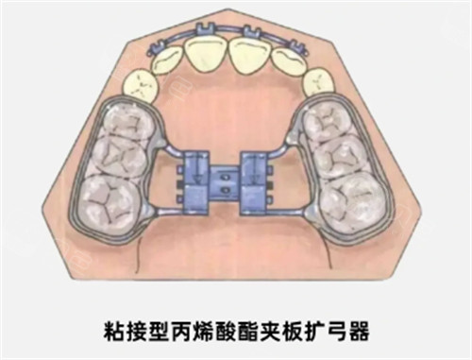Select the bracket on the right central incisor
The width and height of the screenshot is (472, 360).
(x=251, y=34)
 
